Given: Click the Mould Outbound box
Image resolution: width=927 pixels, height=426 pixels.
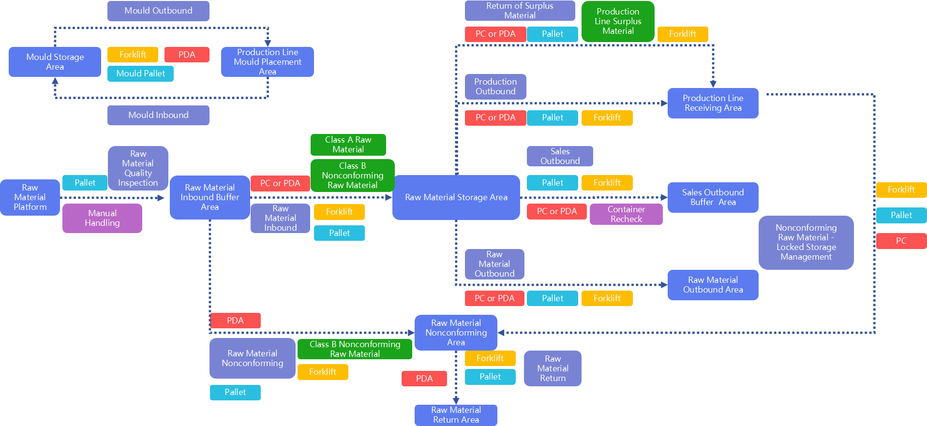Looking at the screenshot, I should point(158,11).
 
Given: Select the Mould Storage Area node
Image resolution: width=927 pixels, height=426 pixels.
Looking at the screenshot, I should point(55,62).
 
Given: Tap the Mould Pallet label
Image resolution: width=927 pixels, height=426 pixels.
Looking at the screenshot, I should point(140,73).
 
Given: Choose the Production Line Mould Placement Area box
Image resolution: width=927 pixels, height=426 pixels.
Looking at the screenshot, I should point(267,62).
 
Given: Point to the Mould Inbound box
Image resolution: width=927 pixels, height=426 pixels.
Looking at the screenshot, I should point(158,115).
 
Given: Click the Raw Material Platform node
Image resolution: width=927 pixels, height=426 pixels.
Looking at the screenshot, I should point(30,197).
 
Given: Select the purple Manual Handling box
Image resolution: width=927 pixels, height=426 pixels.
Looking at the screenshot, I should point(102,218).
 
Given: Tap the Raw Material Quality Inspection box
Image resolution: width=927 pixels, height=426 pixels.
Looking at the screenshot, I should point(138,168).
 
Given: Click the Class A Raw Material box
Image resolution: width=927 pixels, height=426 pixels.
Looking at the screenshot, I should point(348,145).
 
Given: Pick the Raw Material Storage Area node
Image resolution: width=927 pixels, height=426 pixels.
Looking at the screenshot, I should point(456,197).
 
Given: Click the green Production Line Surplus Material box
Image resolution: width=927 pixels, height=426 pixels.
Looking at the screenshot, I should point(618,21).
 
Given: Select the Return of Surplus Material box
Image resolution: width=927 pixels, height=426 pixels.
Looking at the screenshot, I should point(520,11).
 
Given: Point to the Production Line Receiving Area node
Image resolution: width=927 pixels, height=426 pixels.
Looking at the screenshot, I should point(713,103).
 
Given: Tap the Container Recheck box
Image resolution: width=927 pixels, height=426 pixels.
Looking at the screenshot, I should point(626,214).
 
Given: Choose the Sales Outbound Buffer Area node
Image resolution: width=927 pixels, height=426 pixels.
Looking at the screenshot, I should point(713,197).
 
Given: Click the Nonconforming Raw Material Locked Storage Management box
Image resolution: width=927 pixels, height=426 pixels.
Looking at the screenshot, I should point(806,242).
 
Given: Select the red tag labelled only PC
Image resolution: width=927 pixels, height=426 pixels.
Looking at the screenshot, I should point(901,241).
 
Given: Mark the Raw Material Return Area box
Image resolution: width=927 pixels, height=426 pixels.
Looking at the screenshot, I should point(456,415).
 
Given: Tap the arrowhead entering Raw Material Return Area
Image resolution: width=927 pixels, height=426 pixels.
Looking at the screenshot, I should point(456,400).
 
